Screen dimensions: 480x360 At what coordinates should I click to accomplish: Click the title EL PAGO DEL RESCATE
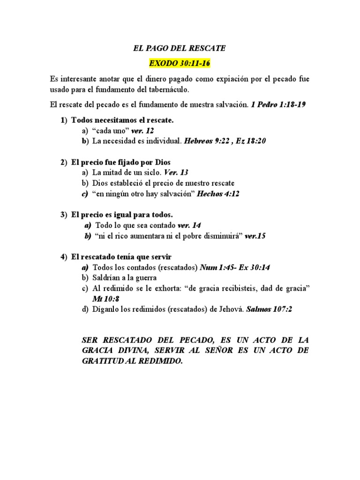click(x=180, y=48)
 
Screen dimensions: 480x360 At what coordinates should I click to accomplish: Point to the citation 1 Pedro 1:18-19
click(x=278, y=105)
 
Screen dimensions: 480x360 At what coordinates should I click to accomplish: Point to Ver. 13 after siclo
click(x=176, y=172)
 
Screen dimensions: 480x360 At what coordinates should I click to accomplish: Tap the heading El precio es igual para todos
click(x=122, y=215)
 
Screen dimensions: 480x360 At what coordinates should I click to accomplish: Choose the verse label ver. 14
click(x=189, y=225)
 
